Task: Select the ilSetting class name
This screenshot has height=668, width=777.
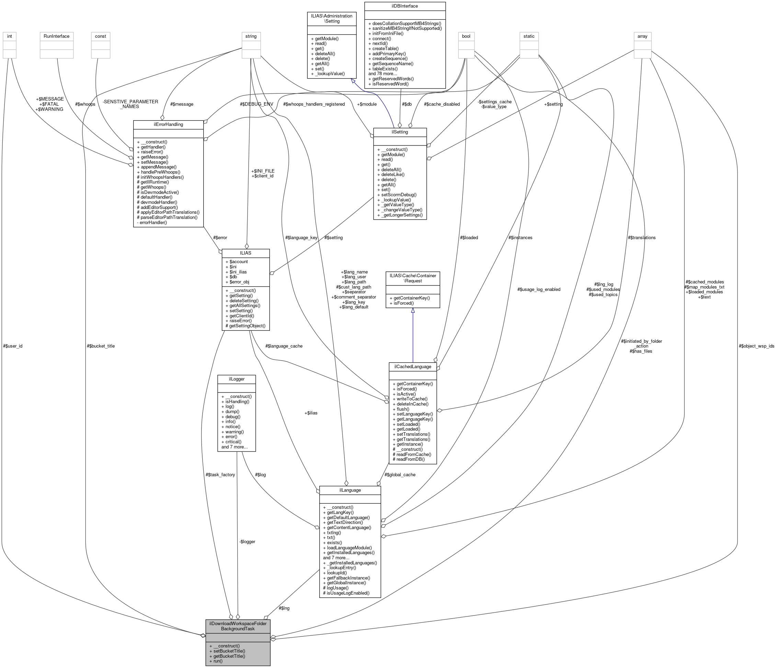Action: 400,132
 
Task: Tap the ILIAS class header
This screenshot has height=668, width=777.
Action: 245,253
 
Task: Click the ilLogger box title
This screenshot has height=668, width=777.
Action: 237,379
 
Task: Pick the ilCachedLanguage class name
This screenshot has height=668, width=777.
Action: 412,366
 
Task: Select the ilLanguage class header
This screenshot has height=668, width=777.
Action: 350,490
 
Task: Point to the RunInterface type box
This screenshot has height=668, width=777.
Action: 57,36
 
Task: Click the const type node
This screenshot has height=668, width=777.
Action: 101,36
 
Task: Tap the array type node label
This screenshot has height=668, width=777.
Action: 642,36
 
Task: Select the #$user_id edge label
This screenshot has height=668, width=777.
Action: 13,346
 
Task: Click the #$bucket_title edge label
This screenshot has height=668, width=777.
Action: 101,346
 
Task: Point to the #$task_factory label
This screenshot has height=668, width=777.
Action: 220,474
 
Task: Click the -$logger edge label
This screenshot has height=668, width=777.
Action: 248,541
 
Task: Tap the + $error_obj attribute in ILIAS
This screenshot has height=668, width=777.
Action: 237,282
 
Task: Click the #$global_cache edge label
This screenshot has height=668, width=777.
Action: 400,474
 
